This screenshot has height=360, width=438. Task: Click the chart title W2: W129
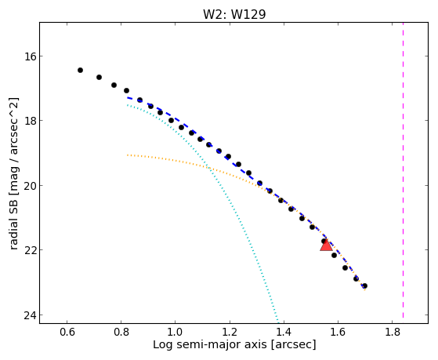pyautogui.click(x=234, y=14)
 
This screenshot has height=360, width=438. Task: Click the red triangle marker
pyautogui.click(x=326, y=245)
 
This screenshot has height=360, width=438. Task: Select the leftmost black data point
pyautogui.click(x=80, y=71)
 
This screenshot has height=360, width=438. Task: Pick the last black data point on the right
pyautogui.click(x=364, y=285)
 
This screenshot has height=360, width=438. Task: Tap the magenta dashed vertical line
pyautogui.click(x=403, y=170)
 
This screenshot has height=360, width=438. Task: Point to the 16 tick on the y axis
pyautogui.click(x=31, y=56)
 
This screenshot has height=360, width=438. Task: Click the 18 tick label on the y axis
pyautogui.click(x=31, y=121)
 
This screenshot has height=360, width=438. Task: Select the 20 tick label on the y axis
pyautogui.click(x=31, y=186)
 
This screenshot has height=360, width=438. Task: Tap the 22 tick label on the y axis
pyautogui.click(x=31, y=250)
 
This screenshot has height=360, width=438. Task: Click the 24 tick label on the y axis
pyautogui.click(x=31, y=315)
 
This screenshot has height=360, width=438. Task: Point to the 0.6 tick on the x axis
pyautogui.click(x=67, y=332)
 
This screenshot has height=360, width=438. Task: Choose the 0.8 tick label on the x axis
pyautogui.click(x=121, y=332)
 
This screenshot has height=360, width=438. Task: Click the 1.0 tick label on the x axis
pyautogui.click(x=176, y=332)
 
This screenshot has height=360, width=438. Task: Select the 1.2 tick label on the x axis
pyautogui.click(x=230, y=332)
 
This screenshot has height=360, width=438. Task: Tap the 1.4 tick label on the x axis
pyautogui.click(x=284, y=332)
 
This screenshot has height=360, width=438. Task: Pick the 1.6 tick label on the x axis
pyautogui.click(x=338, y=332)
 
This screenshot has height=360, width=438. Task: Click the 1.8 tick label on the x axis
pyautogui.click(x=392, y=332)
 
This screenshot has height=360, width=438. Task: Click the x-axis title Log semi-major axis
pyautogui.click(x=209, y=345)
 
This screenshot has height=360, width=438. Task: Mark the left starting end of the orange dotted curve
pyautogui.click(x=128, y=155)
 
